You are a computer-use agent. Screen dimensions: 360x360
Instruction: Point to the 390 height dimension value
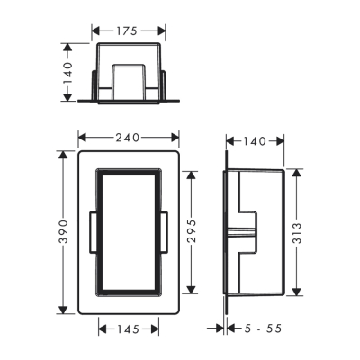(64, 233)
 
